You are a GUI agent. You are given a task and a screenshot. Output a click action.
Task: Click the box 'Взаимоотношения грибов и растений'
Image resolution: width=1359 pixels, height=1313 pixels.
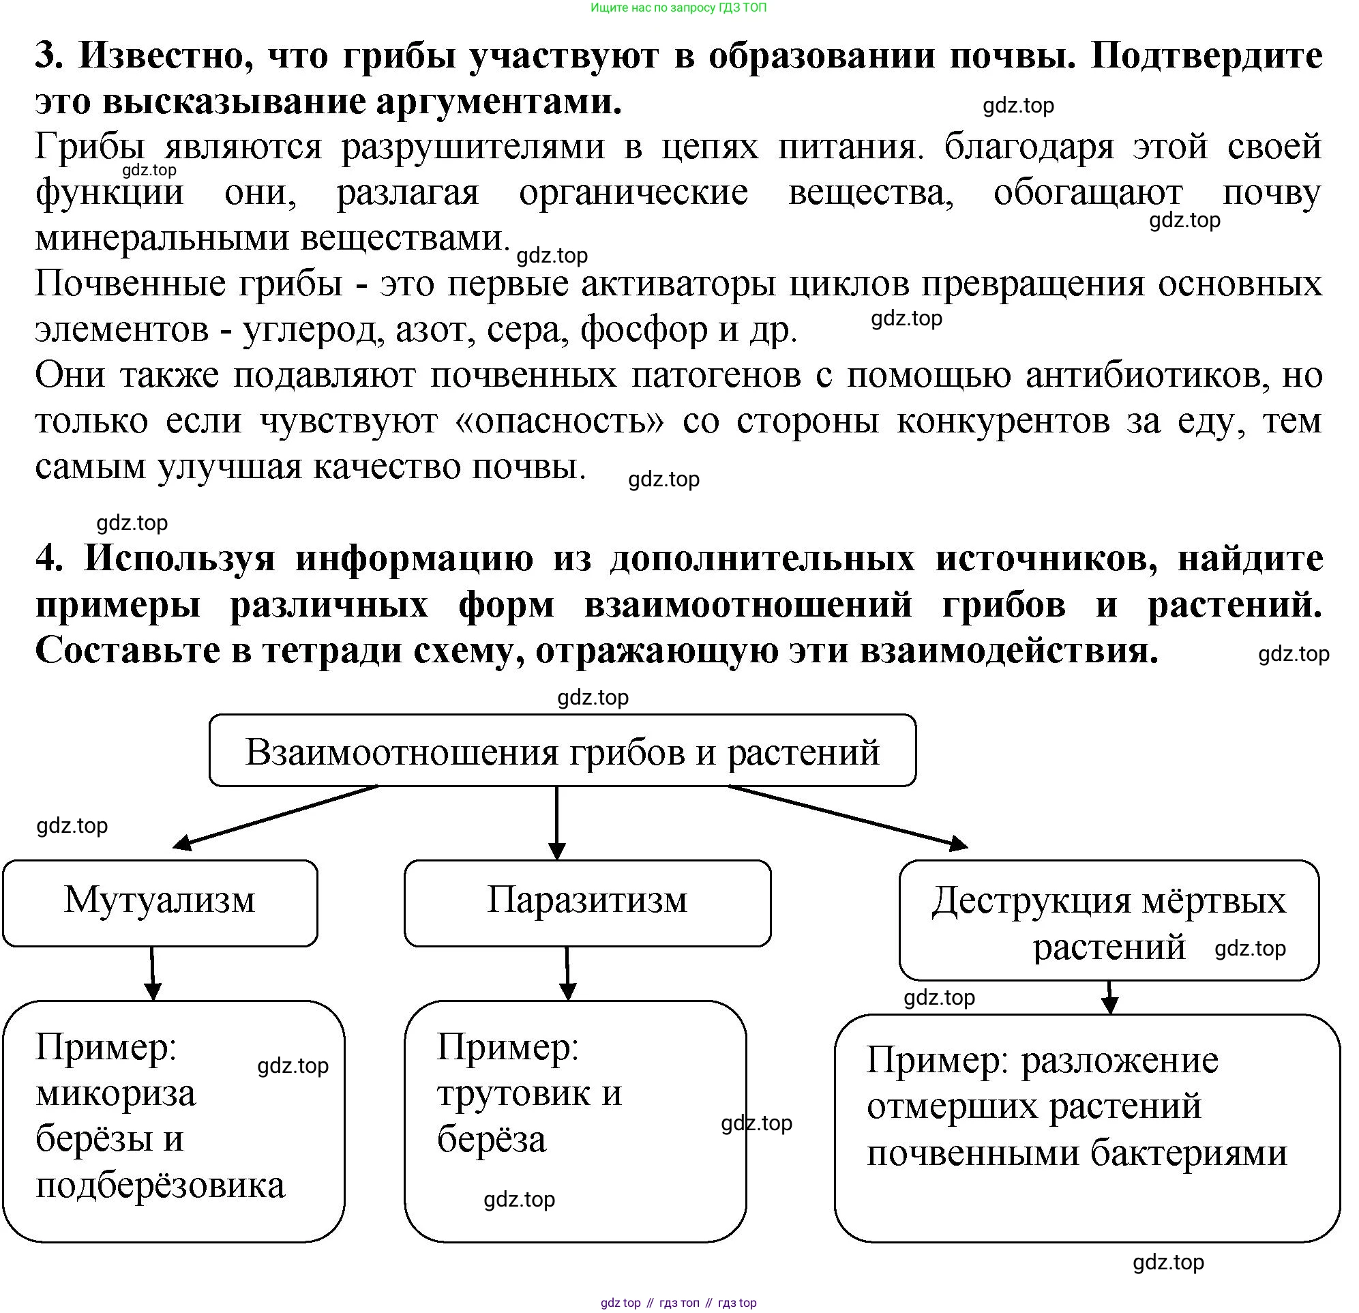pyautogui.click(x=563, y=750)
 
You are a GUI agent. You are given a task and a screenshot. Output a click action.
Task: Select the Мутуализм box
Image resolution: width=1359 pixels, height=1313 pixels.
pyautogui.click(x=160, y=902)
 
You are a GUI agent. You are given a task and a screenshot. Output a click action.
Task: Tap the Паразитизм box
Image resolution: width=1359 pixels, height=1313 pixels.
pyautogui.click(x=587, y=902)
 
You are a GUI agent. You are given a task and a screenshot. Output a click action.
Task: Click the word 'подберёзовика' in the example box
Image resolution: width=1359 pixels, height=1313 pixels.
pyautogui.click(x=160, y=1185)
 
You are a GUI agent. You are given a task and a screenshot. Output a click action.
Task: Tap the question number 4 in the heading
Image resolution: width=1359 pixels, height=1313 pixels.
pyautogui.click(x=48, y=559)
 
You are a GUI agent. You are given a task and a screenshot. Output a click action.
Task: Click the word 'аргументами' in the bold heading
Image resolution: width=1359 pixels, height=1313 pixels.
pyautogui.click(x=499, y=102)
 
